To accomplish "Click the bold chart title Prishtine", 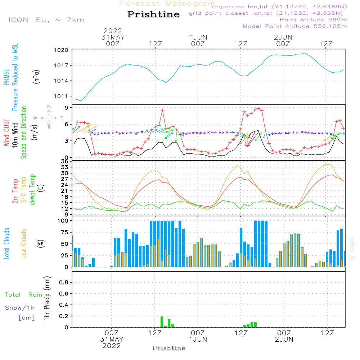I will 153,14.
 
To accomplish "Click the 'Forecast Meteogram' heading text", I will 168,4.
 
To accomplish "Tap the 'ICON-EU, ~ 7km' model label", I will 46,19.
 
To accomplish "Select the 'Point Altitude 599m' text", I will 313,20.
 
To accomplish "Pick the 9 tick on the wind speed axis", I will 66,108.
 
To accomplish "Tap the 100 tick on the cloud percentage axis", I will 63,221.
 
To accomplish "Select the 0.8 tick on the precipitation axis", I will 64,283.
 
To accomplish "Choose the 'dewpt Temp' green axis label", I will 32,190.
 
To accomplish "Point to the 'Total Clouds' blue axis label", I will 7,244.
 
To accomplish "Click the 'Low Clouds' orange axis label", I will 24,244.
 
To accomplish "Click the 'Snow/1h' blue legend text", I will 20,308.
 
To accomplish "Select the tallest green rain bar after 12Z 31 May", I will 162,321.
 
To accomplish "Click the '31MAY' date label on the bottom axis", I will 112,339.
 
